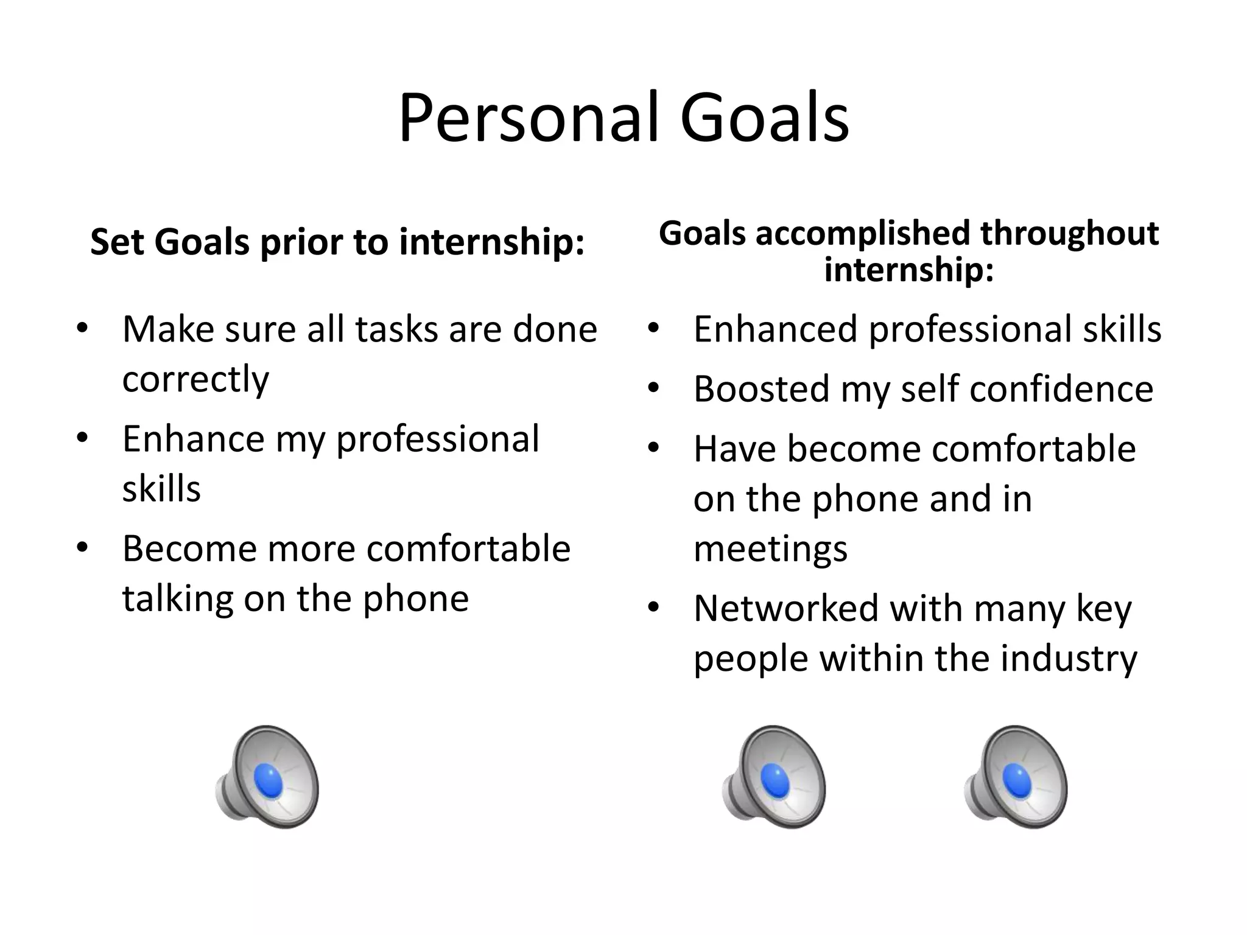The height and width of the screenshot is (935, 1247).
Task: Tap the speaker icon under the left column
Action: [268, 777]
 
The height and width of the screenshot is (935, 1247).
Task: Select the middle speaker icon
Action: [775, 777]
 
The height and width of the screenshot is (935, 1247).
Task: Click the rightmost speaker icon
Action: [1016, 777]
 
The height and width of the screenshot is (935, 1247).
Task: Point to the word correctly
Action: [195, 380]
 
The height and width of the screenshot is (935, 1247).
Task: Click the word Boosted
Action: [761, 389]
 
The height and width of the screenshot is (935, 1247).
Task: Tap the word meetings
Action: [770, 549]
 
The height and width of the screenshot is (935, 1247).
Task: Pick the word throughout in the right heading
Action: [1069, 234]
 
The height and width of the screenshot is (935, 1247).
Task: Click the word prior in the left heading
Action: [302, 242]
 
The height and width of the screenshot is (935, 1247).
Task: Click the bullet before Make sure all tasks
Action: [82, 329]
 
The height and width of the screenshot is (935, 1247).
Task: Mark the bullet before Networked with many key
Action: [654, 608]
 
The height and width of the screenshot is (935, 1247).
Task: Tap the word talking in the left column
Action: [177, 599]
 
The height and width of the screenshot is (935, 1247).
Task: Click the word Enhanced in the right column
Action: [775, 329]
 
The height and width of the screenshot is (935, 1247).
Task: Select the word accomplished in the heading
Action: [863, 234]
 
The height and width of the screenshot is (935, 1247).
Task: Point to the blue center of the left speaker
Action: [269, 781]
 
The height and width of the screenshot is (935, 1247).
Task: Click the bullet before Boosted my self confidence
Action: [654, 389]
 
